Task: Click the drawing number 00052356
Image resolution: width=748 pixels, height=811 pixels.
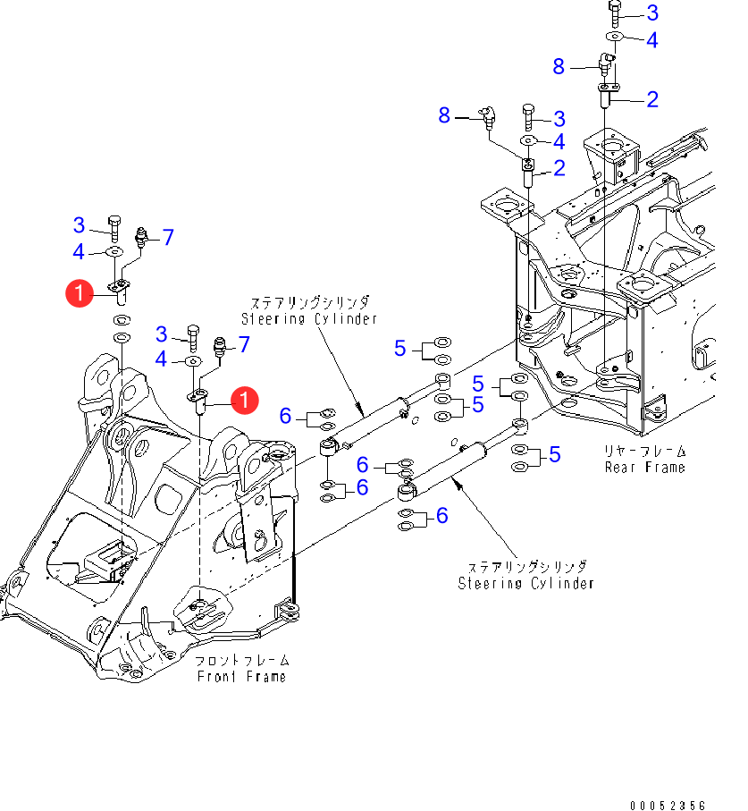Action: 667,806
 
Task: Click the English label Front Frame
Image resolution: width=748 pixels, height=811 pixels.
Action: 242,677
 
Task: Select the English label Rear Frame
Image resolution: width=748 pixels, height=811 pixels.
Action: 645,467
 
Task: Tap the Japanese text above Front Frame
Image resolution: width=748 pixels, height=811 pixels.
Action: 242,661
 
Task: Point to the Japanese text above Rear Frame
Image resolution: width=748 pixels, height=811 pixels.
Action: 645,451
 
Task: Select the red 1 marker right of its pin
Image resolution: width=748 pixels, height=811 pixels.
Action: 244,401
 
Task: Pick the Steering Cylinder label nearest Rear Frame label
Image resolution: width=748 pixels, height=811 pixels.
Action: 525,583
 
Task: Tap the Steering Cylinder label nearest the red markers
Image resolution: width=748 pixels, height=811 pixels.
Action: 308,318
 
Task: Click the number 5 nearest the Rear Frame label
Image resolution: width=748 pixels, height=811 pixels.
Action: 555,455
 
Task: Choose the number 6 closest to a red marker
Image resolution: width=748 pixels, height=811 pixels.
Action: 286,415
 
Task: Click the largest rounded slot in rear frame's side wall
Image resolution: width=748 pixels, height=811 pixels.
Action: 699,353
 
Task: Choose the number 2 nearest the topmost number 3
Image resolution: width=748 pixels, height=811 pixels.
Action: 651,98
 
